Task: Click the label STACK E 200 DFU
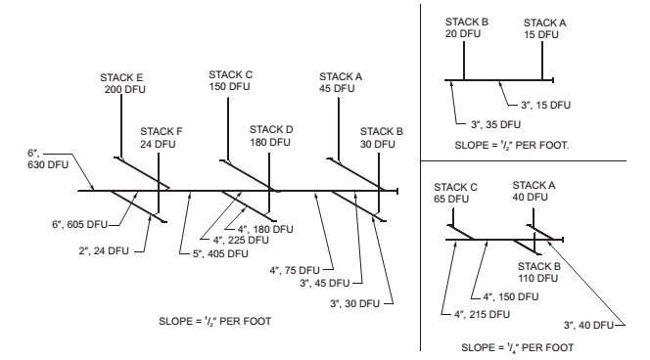pyautogui.click(x=122, y=83)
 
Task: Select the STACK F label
pyautogui.click(x=162, y=138)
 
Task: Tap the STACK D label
pyautogui.click(x=271, y=136)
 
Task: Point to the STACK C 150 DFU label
pyautogui.click(x=230, y=80)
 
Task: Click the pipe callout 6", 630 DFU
pyautogui.click(x=48, y=158)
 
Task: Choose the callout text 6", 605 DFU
pyautogui.click(x=79, y=224)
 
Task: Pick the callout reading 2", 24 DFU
pyautogui.click(x=104, y=250)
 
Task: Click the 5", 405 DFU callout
pyautogui.click(x=220, y=253)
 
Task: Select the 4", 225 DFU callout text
pyautogui.click(x=241, y=240)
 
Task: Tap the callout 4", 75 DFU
pyautogui.click(x=295, y=270)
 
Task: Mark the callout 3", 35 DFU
pyautogui.click(x=495, y=124)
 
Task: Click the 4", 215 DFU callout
pyautogui.click(x=482, y=314)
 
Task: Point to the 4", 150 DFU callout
pyautogui.click(x=511, y=296)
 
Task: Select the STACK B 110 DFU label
pyautogui.click(x=539, y=272)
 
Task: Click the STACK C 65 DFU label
pyautogui.click(x=455, y=193)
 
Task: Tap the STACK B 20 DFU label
pyautogui.click(x=467, y=27)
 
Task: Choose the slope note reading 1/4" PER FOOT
pyautogui.click(x=517, y=347)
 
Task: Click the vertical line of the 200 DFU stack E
pyautogui.click(x=121, y=126)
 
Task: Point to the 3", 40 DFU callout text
pyautogui.click(x=588, y=325)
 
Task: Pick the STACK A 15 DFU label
pyautogui.click(x=544, y=28)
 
